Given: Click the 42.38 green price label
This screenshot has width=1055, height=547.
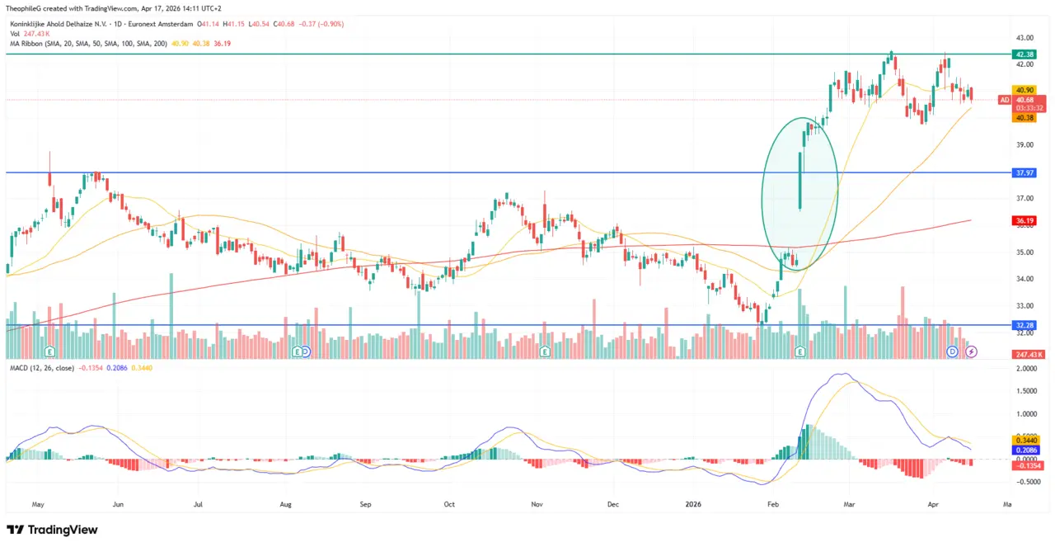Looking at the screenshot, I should (1025, 54).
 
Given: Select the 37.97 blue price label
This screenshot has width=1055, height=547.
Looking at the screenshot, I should (1025, 172).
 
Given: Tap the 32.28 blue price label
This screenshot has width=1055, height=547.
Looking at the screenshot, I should (1025, 325).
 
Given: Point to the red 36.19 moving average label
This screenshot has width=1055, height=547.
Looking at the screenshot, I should (1025, 220).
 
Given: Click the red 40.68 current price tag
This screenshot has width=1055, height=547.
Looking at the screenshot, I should (1025, 100).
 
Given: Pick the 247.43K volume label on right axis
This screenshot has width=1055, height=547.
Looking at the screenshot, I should (1028, 354).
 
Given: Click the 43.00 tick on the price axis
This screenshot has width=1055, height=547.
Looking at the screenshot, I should (1025, 38).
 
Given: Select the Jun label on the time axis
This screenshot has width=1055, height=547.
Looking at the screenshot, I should (118, 502).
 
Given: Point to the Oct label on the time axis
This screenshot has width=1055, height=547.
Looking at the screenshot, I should (448, 502).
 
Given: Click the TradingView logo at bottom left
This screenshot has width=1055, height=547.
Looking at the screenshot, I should (52, 530).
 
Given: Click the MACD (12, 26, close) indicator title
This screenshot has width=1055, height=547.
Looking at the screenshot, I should (40, 367).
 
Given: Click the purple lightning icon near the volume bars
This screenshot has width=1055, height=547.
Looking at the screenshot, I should (972, 351).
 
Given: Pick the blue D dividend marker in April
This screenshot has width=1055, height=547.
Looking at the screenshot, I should (952, 351).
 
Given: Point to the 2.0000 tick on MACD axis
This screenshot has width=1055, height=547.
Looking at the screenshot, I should (1027, 370).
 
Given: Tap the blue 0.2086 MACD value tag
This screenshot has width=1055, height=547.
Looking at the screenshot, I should (1027, 450).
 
